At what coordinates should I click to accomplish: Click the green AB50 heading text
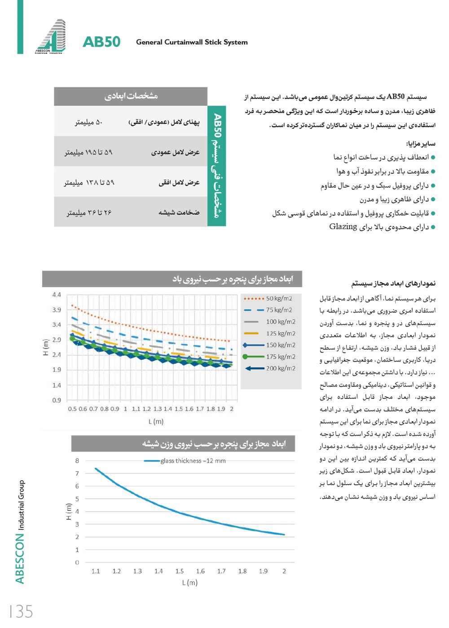[101, 42]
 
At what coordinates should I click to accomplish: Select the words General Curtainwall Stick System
[192, 42]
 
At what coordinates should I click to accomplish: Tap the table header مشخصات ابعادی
[131, 96]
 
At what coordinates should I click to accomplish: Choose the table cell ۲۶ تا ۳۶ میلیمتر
[89, 212]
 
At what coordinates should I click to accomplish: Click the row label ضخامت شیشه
[179, 212]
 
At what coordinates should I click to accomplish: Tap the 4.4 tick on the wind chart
[57, 295]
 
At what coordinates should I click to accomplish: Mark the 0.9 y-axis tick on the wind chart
[57, 400]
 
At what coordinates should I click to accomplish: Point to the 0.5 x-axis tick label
[72, 409]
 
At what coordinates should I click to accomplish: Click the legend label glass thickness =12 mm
[193, 461]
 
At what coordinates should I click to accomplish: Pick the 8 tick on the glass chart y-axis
[77, 460]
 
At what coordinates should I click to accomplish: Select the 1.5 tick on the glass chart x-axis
[179, 571]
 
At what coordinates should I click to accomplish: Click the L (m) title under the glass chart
[189, 583]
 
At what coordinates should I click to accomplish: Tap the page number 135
[22, 611]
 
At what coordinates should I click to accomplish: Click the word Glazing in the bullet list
[343, 227]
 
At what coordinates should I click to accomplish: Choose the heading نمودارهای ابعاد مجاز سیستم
[393, 283]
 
